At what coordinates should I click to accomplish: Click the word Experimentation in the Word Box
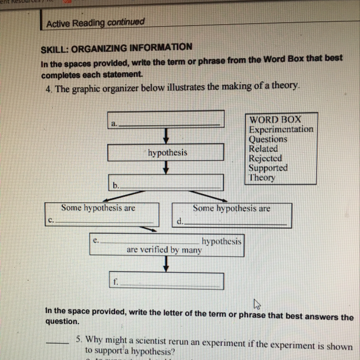coord(281,129)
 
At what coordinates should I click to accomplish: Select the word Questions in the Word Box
coord(268,139)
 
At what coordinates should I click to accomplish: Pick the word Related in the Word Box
coord(263,149)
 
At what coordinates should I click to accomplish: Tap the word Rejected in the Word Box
coord(265,158)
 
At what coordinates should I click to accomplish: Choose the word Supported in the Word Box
coord(268,168)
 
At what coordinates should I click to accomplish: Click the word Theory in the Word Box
coord(262,178)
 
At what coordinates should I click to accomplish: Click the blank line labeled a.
coord(170,124)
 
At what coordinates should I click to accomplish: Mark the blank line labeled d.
coord(235,223)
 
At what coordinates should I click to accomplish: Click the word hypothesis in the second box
coord(168,153)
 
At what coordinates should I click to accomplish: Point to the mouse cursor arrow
coord(256,304)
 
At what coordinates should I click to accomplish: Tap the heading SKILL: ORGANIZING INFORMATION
coord(117,47)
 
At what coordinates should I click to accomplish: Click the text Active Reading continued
coord(95,22)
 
